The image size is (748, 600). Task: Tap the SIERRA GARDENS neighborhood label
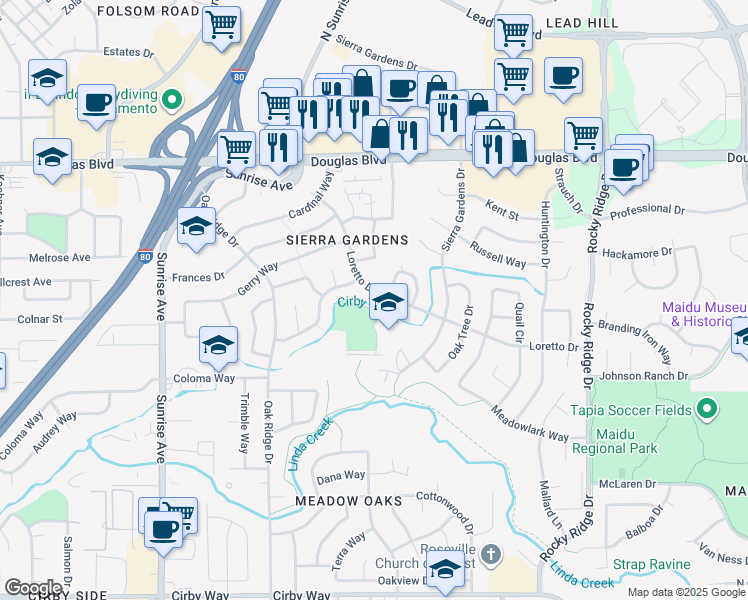pyautogui.click(x=347, y=241)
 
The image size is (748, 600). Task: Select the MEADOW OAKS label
pyautogui.click(x=349, y=500)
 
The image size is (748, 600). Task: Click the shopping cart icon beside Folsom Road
pyautogui.click(x=221, y=24)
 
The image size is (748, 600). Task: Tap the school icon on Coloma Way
pyautogui.click(x=219, y=346)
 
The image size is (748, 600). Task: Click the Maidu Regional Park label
pyautogui.click(x=614, y=442)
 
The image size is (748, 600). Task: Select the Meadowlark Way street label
pyautogui.click(x=529, y=424)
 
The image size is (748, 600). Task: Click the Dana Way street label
pyautogui.click(x=341, y=476)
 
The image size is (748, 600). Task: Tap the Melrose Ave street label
pyautogui.click(x=60, y=257)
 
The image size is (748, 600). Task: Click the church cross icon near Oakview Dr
pyautogui.click(x=490, y=553)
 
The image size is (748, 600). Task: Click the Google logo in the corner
pyautogui.click(x=34, y=588)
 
